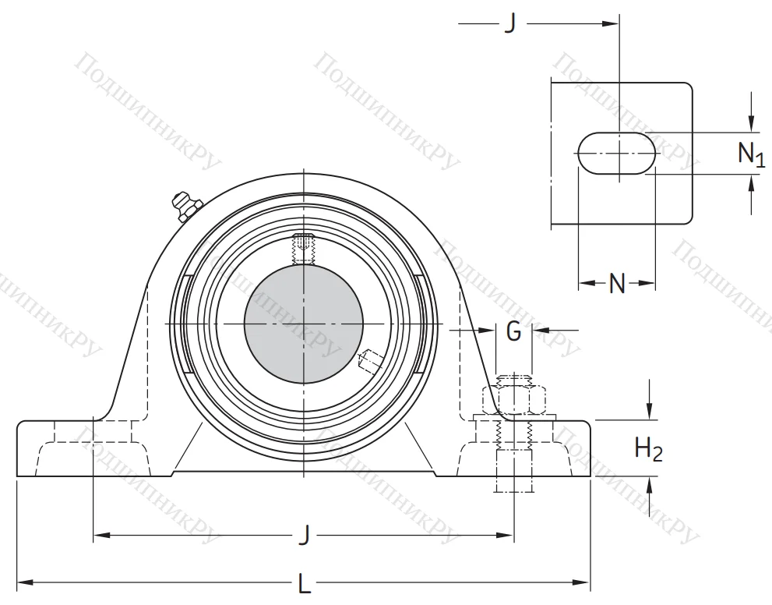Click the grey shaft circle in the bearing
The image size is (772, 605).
click(303, 323)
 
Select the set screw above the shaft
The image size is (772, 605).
click(303, 248)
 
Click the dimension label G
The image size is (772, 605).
click(514, 331)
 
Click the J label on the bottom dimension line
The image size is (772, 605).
click(305, 536)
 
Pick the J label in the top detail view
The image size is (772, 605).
click(510, 24)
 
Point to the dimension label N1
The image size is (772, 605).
click(750, 154)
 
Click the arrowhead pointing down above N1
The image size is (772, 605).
click(752, 124)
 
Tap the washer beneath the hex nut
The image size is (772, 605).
click(514, 419)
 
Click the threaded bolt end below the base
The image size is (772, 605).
click(514, 483)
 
